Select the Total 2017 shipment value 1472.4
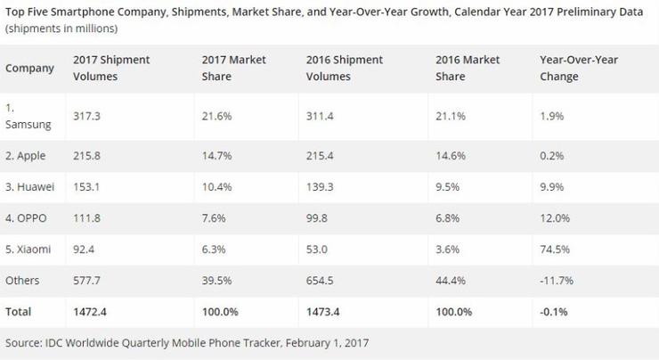point(89,311)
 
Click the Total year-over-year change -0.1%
point(555,311)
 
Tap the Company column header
point(28,68)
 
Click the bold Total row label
point(19,311)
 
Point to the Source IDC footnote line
point(187,341)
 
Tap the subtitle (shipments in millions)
point(61,29)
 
